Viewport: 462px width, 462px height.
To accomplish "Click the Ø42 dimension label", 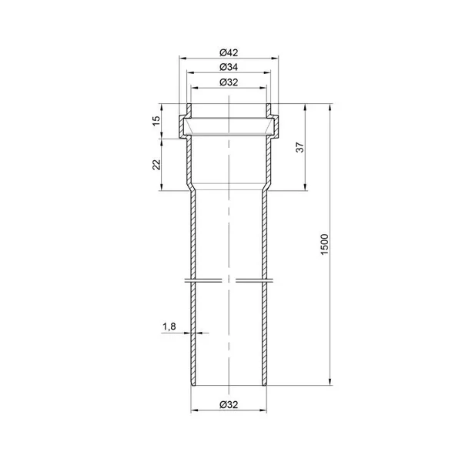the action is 229,52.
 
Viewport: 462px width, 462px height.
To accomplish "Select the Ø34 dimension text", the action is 229,67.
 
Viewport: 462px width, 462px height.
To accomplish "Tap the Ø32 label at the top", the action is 229,82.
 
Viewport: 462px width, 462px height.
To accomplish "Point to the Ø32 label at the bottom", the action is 229,404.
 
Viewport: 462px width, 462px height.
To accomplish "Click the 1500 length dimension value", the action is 324,244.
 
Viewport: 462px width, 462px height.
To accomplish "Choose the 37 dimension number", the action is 300,147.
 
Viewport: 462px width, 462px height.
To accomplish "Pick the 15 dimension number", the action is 156,121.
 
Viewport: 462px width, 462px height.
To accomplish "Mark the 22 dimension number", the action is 156,165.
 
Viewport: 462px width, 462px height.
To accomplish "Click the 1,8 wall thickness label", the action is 169,326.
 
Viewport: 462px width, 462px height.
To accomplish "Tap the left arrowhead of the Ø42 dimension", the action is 182,59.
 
